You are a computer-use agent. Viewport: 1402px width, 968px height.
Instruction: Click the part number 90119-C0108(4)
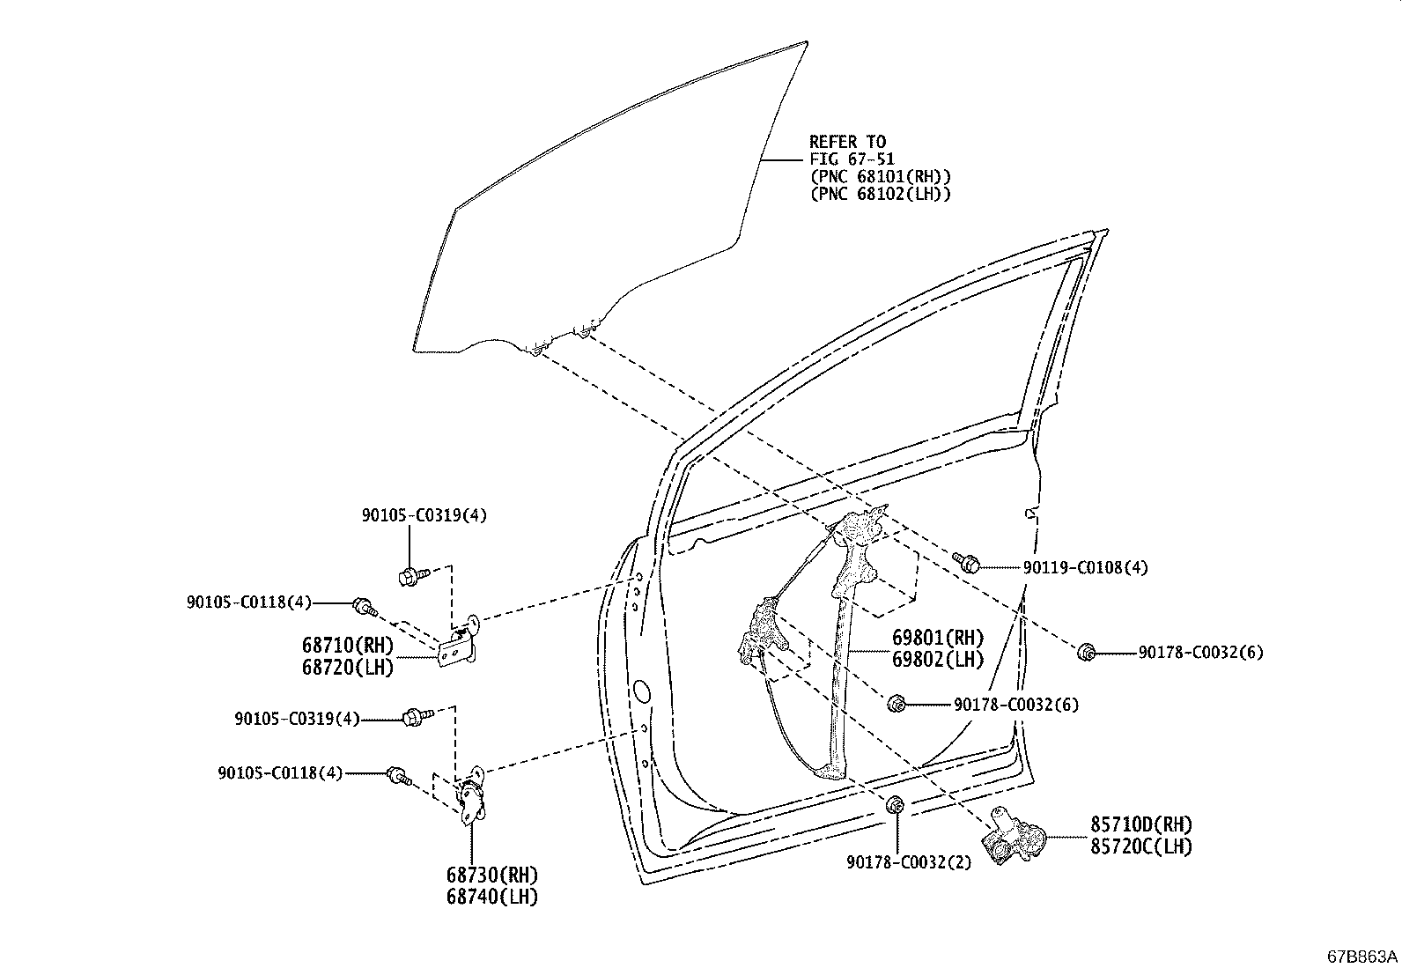(1085, 568)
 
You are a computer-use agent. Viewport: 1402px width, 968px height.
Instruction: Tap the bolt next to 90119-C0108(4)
(966, 562)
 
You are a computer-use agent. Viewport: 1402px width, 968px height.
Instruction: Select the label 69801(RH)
(938, 638)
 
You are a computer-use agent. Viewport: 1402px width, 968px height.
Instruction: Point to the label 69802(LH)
(938, 660)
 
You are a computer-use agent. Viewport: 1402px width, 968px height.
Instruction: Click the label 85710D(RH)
(1141, 824)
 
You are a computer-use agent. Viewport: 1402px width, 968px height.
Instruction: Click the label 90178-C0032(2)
(909, 863)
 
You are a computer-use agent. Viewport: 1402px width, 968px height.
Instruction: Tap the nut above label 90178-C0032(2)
(896, 804)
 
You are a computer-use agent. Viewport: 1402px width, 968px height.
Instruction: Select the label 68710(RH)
(348, 645)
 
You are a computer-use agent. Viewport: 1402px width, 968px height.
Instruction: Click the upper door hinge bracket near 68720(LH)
(459, 642)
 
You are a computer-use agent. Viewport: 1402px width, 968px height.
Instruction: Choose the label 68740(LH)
(492, 897)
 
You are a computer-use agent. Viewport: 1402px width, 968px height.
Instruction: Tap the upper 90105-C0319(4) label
(424, 515)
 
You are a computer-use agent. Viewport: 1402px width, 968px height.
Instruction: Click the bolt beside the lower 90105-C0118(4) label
(398, 776)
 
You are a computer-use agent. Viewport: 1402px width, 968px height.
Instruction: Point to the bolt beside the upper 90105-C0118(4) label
(365, 607)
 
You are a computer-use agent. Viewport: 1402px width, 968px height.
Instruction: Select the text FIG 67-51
(852, 159)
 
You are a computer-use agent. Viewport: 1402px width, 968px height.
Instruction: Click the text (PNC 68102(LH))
(880, 194)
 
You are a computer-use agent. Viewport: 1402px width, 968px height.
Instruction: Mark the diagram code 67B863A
(1362, 957)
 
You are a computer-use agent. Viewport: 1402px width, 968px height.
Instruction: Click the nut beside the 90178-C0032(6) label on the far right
(1087, 653)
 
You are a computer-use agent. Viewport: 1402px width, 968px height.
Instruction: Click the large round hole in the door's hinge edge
(641, 690)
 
